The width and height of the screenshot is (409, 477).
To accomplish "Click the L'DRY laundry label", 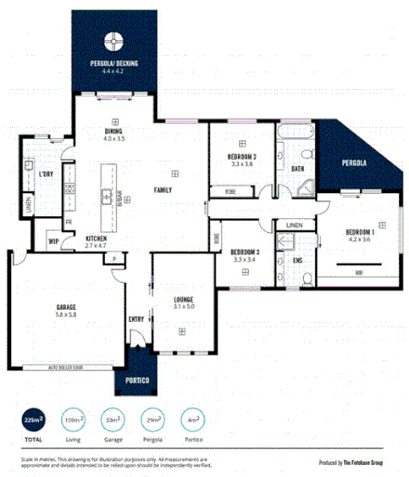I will point(45,174).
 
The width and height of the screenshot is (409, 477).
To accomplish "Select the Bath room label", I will point(297,168).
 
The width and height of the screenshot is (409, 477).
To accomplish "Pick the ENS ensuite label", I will point(297,260).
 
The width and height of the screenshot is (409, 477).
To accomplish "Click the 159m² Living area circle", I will point(73,419).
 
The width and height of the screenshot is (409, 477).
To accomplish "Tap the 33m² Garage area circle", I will point(113,419).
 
